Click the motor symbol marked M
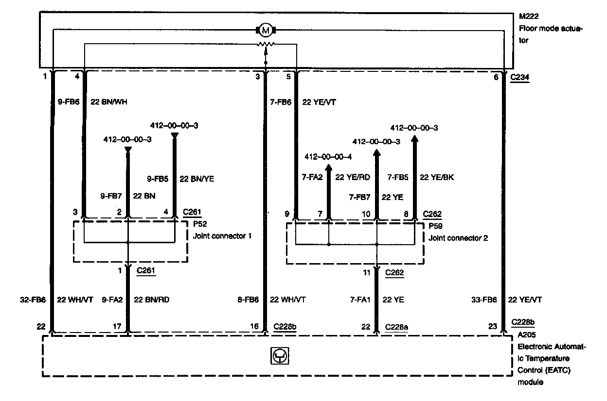265,31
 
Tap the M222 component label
528,17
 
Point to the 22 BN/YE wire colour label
197,179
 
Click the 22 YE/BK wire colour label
437,177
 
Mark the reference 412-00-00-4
328,156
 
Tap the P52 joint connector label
200,225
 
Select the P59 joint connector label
435,226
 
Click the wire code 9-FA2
112,300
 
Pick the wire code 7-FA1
360,300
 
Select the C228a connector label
396,326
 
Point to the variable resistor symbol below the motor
265,44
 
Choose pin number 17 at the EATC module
117,326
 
